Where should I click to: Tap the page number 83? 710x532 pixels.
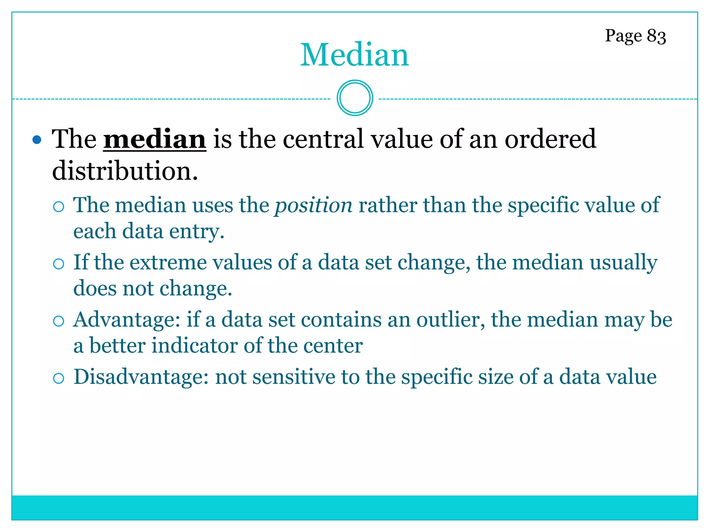[x=656, y=36]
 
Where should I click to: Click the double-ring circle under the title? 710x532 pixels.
[x=355, y=98]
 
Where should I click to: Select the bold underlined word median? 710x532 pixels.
[x=155, y=139]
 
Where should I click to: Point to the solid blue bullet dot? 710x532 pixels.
[x=37, y=140]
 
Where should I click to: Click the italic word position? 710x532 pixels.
[x=313, y=205]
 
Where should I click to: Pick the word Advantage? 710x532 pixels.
[x=127, y=319]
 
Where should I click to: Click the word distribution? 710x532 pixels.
[x=125, y=171]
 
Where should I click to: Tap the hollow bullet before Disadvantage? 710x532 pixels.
[x=59, y=378]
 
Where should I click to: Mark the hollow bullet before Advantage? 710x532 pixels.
[x=59, y=321]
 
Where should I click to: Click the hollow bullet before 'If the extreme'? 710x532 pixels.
[x=59, y=264]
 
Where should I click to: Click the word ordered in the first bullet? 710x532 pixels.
[x=550, y=139]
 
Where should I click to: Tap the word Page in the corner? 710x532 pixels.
[x=623, y=36]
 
